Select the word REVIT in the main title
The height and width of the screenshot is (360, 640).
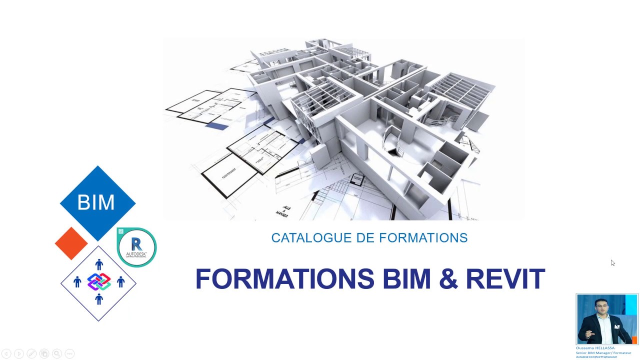[505, 279]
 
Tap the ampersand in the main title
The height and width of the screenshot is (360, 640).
[448, 279]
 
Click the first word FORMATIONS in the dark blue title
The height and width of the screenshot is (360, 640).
[284, 279]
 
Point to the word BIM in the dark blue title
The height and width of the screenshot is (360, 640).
[407, 279]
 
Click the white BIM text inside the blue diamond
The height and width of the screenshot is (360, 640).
[96, 202]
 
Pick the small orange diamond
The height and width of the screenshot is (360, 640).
[71, 243]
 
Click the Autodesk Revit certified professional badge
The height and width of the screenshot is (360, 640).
[136, 247]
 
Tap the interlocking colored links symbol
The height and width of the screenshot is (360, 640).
[99, 282]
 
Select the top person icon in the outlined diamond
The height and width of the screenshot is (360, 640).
[99, 264]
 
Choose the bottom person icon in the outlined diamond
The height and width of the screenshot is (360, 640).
[99, 299]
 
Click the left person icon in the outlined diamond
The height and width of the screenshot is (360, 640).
[77, 282]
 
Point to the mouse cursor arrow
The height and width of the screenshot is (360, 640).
[612, 263]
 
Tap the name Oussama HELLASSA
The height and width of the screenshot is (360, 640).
[595, 348]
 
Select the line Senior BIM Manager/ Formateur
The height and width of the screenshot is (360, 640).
[603, 352]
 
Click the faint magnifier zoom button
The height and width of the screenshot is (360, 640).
[57, 353]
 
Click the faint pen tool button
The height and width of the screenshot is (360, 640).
[31, 353]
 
